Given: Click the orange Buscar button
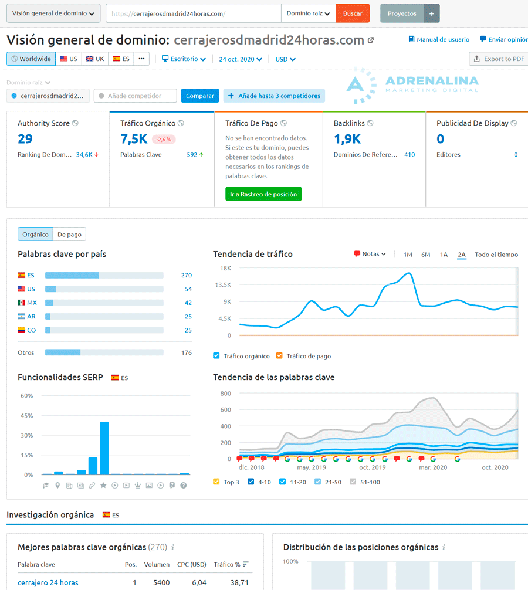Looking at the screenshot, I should point(353,13).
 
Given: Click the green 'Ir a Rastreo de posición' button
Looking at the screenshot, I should point(263,194).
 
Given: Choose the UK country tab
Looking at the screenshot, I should point(94,59).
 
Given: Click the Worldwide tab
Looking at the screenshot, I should point(31,59).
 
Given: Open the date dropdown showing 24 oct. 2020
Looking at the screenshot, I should point(241,59).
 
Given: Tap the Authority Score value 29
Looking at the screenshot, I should point(25,139).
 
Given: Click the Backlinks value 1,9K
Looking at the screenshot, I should point(347,139).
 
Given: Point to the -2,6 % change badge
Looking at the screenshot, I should point(164,140).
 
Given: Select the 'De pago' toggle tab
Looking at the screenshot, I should point(69,235).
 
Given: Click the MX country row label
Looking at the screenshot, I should point(32,303).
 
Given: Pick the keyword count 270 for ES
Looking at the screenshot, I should point(186,275).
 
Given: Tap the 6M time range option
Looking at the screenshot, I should point(425,255).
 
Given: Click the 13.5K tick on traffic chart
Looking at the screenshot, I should point(224,285).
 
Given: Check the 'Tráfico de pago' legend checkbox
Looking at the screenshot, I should point(279,356).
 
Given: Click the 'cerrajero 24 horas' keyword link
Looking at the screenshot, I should point(48,583).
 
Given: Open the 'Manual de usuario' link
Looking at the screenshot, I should point(439,39).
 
